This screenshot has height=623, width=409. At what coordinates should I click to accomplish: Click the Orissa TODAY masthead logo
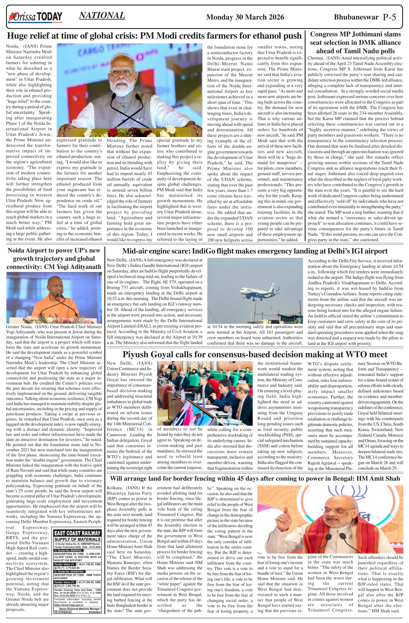pos(35,17)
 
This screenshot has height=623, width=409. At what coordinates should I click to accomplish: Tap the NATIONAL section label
pos(102,16)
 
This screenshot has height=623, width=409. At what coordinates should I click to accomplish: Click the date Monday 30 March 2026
pos(245,17)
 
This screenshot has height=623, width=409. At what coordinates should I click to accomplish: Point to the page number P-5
pos(389,17)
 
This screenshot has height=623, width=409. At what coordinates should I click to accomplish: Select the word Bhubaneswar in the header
pos(356,17)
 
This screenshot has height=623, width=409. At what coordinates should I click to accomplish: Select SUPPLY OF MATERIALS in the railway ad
pos(77,539)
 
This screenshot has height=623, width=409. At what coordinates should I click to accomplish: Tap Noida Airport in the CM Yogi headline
pos(29,251)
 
